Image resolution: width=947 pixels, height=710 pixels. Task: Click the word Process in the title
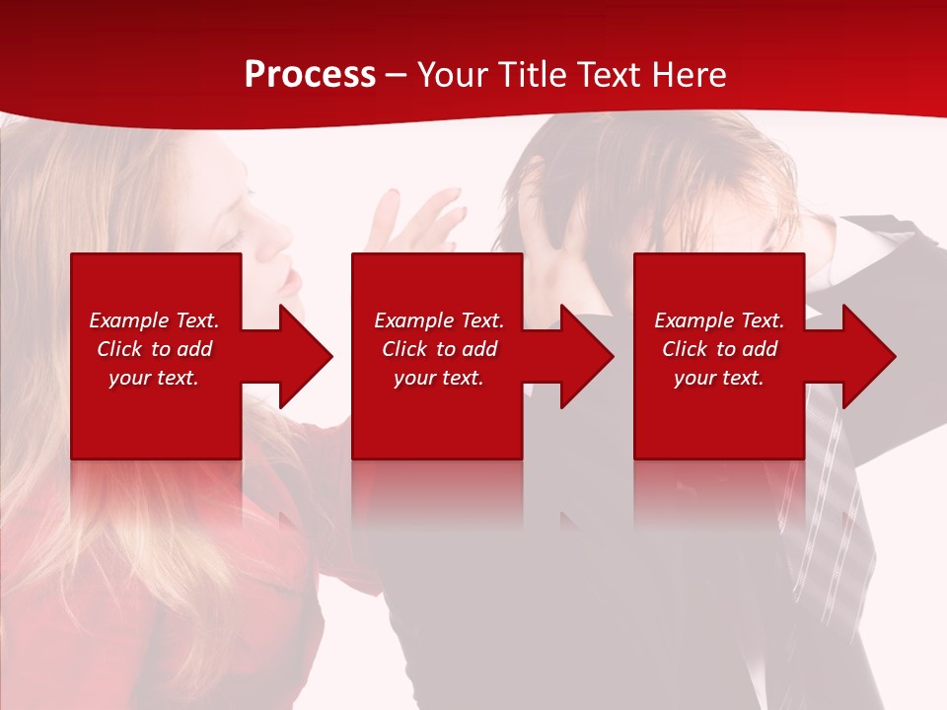(x=310, y=75)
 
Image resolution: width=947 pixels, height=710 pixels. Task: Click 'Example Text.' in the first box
(x=154, y=320)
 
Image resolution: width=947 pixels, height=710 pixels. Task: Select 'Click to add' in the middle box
(x=439, y=349)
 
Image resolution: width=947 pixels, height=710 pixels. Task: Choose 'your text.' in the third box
(x=719, y=378)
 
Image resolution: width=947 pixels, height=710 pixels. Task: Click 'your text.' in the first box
(x=154, y=378)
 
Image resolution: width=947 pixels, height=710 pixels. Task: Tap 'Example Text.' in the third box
(x=719, y=320)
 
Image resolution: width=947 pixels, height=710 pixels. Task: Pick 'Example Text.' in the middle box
(x=439, y=320)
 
